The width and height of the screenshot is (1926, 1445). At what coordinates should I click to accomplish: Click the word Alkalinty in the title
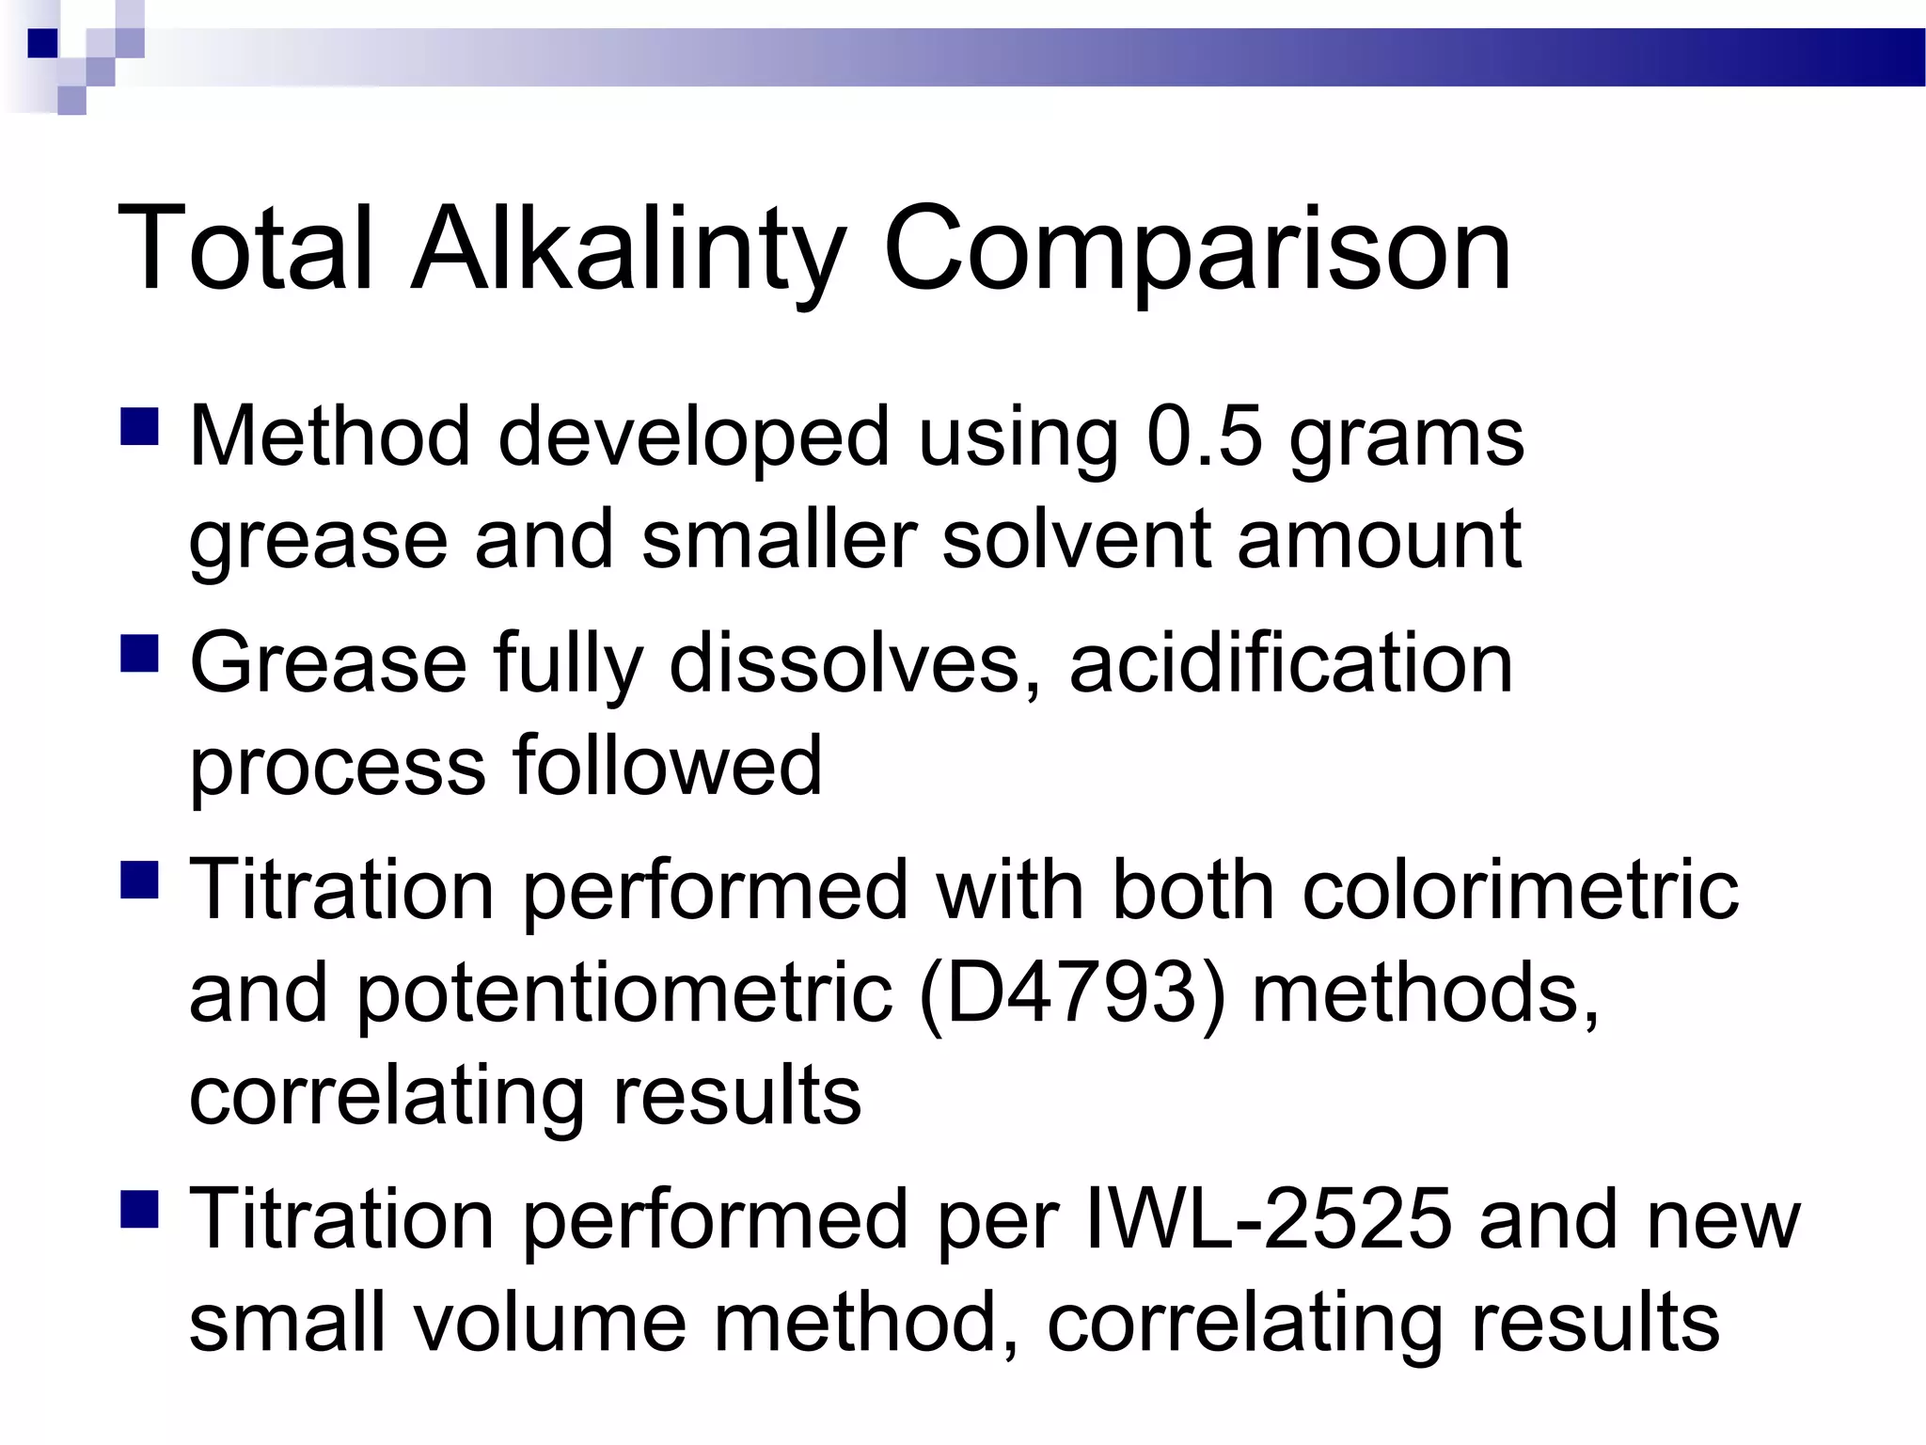click(x=627, y=249)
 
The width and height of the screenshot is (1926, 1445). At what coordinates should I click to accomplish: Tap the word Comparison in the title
click(x=1196, y=249)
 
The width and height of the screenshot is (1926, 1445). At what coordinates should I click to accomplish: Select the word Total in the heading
click(x=245, y=249)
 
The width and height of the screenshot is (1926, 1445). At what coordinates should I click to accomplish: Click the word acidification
click(x=1290, y=663)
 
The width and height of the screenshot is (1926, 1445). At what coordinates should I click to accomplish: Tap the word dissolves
click(x=856, y=663)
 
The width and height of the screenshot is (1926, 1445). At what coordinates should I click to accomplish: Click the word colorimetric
click(x=1520, y=890)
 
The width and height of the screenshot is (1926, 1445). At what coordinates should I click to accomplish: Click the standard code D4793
click(x=1071, y=993)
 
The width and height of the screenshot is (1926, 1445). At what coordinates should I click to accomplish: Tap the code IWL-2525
click(x=1269, y=1219)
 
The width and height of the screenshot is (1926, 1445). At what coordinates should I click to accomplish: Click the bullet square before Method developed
click(x=140, y=425)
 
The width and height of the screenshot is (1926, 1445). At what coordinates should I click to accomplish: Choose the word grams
click(x=1406, y=437)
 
